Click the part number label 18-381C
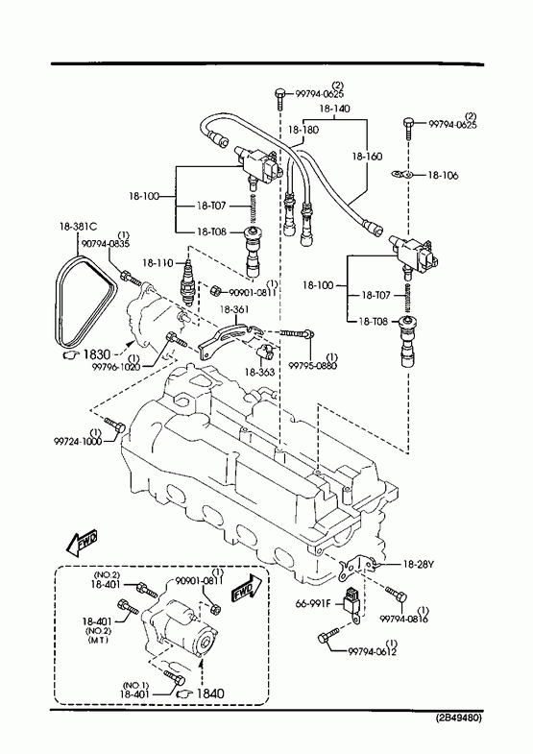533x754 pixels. [x=79, y=226]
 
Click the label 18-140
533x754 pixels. [x=334, y=109]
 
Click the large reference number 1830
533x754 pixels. [x=97, y=354]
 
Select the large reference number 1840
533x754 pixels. [x=210, y=693]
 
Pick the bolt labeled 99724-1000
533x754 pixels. [x=115, y=425]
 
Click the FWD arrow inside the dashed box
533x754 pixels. [x=246, y=588]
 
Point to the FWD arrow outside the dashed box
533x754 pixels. [x=82, y=541]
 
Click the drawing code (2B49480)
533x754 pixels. [x=458, y=718]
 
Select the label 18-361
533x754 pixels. [x=234, y=310]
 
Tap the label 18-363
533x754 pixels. [x=260, y=372]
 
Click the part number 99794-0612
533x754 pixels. [x=373, y=652]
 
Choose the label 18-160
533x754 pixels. [x=367, y=157]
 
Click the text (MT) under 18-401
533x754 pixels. [x=98, y=640]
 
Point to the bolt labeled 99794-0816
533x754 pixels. [x=396, y=595]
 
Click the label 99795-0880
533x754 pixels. [x=312, y=365]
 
